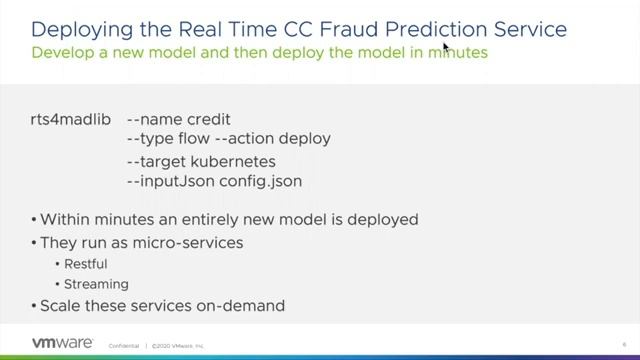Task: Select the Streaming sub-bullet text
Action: tap(90, 285)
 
